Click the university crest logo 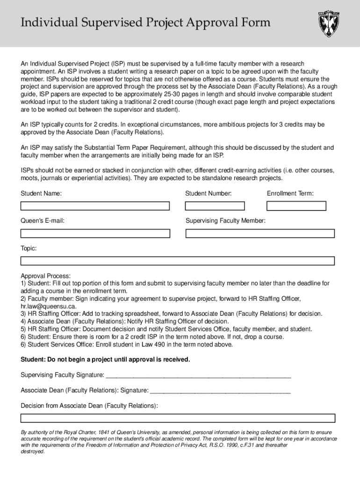point(329,24)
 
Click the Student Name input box point(95,206)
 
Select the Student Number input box point(215,206)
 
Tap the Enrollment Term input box point(296,206)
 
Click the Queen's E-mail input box point(95,233)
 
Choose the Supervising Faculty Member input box point(260,233)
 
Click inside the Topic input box point(177,261)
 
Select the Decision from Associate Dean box point(177,418)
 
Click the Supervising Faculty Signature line point(198,375)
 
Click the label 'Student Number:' point(208,193)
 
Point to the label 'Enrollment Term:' point(290,193)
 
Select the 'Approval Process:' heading point(45,276)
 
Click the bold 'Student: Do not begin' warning point(105,359)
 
